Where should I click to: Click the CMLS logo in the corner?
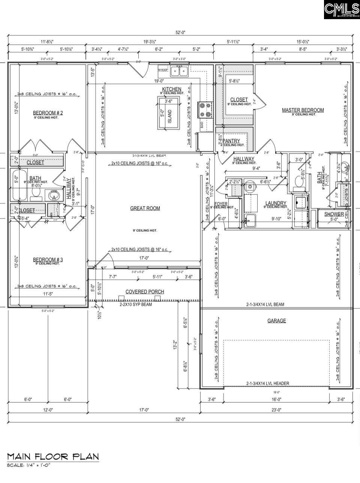click(x=341, y=10)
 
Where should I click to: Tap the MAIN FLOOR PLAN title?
click(x=53, y=456)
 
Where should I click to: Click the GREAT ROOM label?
click(x=145, y=208)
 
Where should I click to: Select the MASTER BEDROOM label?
click(x=303, y=110)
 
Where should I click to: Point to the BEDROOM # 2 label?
click(x=48, y=113)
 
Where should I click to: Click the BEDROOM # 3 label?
click(x=48, y=260)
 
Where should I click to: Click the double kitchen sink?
click(x=179, y=71)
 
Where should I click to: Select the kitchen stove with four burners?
click(x=206, y=110)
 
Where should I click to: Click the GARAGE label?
click(x=276, y=320)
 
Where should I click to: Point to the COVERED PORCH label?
click(x=144, y=292)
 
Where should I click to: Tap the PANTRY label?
click(x=231, y=141)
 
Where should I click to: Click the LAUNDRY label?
click(x=276, y=203)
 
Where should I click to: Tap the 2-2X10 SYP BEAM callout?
click(x=133, y=305)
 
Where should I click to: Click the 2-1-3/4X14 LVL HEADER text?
click(x=267, y=383)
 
